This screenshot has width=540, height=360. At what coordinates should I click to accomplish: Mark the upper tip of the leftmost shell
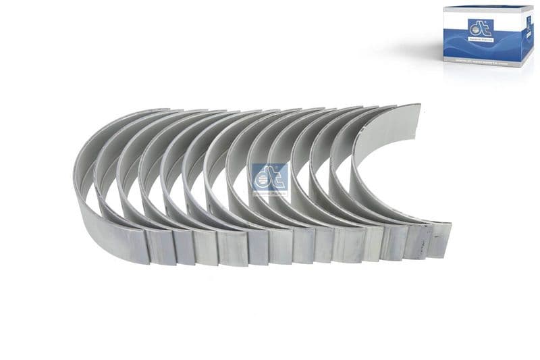click(x=159, y=112)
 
